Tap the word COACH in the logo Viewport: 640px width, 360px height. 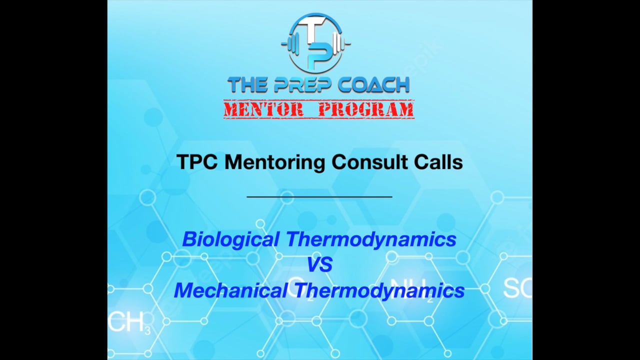374,85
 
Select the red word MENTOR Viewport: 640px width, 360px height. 263,109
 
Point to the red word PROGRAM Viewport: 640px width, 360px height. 366,109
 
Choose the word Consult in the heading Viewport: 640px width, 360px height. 368,162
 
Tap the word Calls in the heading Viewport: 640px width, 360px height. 438,162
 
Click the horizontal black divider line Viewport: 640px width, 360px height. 319,197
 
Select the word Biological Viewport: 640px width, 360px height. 230,239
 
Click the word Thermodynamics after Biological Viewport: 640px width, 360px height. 370,239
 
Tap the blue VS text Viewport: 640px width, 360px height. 319,265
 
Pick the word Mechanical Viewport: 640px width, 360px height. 230,290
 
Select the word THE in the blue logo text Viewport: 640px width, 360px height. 245,85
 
